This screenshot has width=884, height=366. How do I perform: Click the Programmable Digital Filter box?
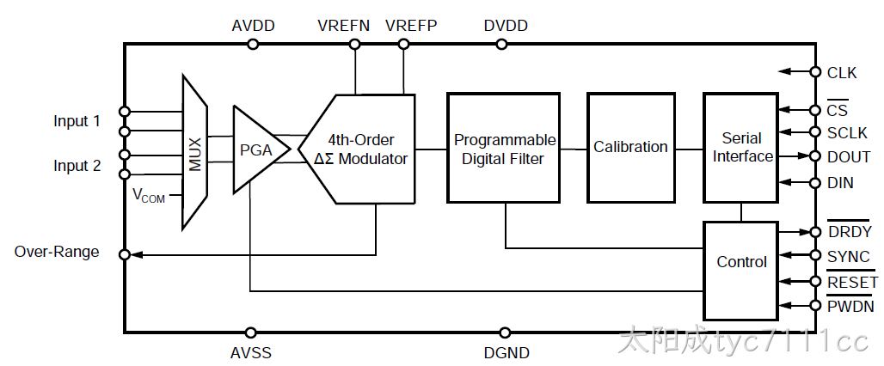pyautogui.click(x=503, y=148)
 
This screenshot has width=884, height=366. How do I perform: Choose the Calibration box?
pyautogui.click(x=631, y=148)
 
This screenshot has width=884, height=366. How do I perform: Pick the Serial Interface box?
pyautogui.click(x=740, y=148)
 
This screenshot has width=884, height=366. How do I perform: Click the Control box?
pyautogui.click(x=740, y=271)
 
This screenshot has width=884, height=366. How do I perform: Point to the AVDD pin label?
pyautogui.click(x=253, y=26)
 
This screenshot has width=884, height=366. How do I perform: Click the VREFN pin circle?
pyautogui.click(x=355, y=44)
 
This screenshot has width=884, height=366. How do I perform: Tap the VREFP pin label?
pyautogui.click(x=412, y=26)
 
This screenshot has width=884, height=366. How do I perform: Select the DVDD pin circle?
pyautogui.click(x=501, y=44)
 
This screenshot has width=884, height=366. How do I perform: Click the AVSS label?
pyautogui.click(x=251, y=353)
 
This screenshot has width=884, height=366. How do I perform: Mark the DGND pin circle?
pyautogui.click(x=505, y=332)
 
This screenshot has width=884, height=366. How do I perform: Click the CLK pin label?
pyautogui.click(x=842, y=73)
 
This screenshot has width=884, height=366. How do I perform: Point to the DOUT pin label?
pyautogui.click(x=849, y=157)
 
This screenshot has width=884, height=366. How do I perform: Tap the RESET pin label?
pyautogui.click(x=852, y=281)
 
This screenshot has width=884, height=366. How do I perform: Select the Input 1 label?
pyautogui.click(x=77, y=121)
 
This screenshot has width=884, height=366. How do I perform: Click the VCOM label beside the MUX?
pyautogui.click(x=149, y=196)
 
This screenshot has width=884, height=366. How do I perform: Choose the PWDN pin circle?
pyautogui.click(x=815, y=305)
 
